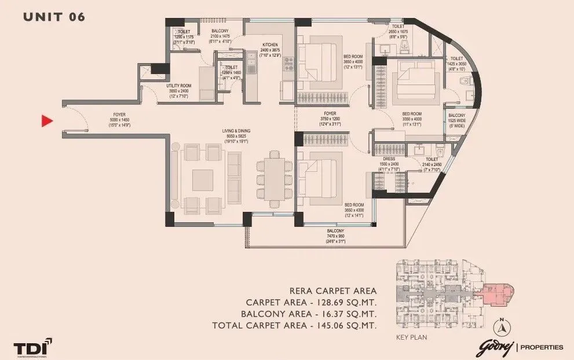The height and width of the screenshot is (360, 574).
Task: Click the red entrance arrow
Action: coord(47,121)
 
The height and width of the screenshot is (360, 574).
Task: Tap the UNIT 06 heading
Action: coord(54,17)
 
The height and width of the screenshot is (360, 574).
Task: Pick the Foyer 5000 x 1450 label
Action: coord(119,119)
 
